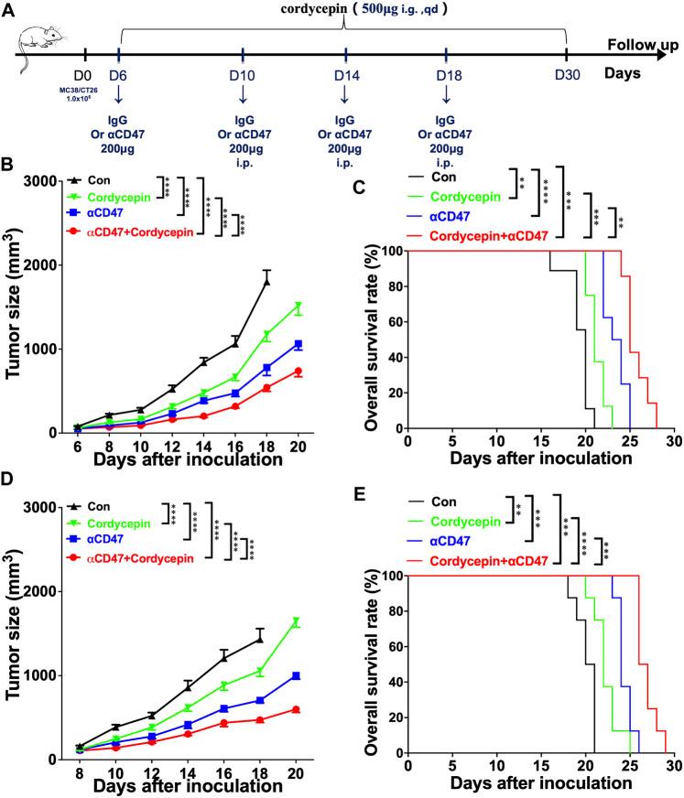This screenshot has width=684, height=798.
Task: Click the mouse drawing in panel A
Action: [x=33, y=52]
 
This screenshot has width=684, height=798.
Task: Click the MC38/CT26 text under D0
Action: [x=85, y=89]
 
